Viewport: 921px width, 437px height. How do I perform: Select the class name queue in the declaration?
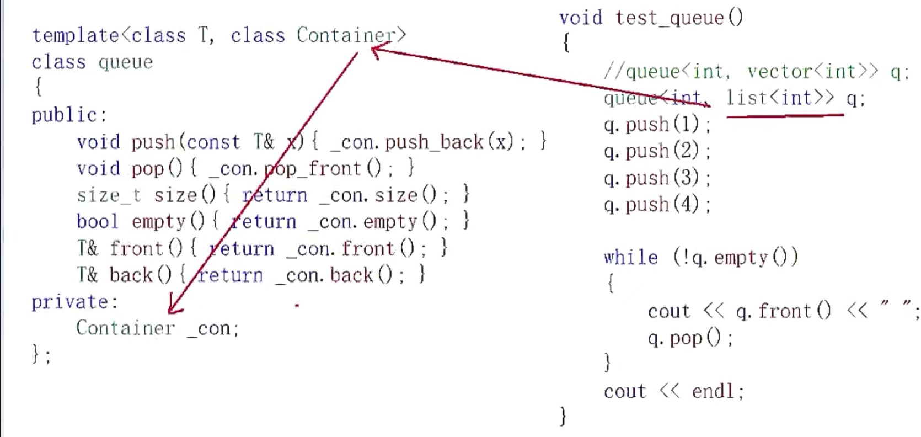[x=125, y=62]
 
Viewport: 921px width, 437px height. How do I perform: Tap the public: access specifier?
[x=69, y=115]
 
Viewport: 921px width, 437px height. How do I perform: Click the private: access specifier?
[x=74, y=302]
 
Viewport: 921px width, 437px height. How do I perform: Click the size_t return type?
[x=109, y=195]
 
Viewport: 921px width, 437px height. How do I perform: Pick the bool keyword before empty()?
[x=97, y=222]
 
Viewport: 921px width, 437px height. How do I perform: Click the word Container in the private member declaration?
[x=125, y=328]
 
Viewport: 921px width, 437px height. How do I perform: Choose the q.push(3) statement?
[x=656, y=178]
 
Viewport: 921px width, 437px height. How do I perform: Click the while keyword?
[x=631, y=258]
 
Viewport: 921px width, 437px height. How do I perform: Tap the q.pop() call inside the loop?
[x=689, y=338]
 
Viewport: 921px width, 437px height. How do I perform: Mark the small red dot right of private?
[x=297, y=304]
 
